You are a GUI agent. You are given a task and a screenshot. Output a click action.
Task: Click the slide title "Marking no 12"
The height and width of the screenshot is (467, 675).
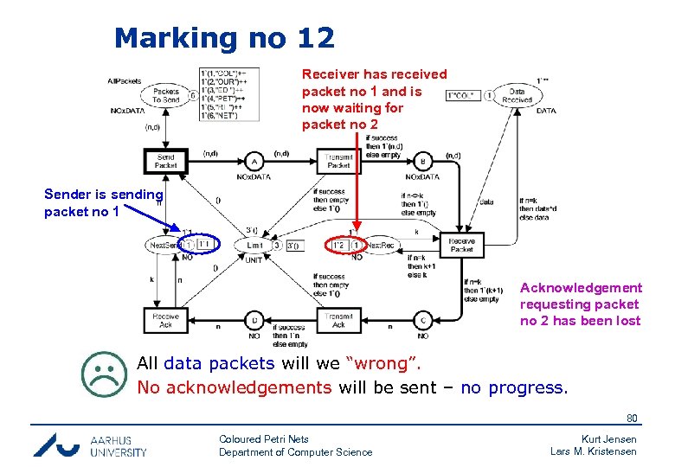[223, 38]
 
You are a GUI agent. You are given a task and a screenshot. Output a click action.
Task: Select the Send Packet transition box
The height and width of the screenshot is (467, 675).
[165, 162]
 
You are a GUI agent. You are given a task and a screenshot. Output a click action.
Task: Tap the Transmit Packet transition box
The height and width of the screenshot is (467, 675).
[339, 161]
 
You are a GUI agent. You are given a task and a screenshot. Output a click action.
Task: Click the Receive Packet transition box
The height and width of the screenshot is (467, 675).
[462, 245]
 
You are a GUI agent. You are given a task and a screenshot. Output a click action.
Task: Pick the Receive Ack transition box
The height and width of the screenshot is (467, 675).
[165, 321]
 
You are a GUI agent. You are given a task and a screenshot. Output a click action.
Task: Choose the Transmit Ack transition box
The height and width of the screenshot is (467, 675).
[339, 321]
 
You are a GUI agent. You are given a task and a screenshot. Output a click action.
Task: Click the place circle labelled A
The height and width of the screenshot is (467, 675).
[254, 162]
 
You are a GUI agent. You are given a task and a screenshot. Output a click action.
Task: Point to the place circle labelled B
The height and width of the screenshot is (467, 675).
[423, 162]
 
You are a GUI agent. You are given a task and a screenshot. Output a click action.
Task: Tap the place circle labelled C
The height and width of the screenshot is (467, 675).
[423, 321]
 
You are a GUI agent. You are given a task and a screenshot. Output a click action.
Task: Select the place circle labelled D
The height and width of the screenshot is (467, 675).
[254, 321]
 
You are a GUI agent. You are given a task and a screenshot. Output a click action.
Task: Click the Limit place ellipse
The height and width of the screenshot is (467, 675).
[254, 246]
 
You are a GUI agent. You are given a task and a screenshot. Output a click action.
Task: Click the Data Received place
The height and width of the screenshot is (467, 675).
[517, 95]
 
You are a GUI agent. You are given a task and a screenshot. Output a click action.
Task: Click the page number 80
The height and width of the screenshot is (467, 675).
[633, 419]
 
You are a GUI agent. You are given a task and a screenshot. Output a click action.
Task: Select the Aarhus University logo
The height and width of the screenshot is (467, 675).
[90, 445]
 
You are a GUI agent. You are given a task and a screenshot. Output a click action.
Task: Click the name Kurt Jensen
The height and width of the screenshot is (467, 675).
[607, 439]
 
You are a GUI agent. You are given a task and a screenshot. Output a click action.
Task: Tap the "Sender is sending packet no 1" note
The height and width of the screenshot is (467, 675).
[103, 202]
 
